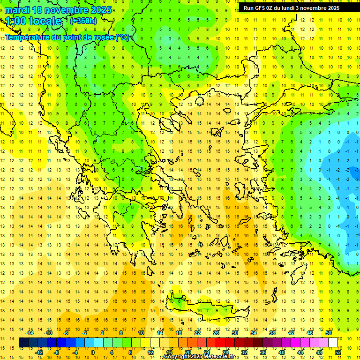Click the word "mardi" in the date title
pyautogui.click(x=16, y=10)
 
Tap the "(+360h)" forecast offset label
pyautogui.click(x=83, y=21)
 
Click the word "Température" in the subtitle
pyautogui.click(x=28, y=37)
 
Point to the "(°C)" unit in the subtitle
pyautogui.click(x=122, y=37)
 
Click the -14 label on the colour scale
pyautogui.click(x=30, y=333)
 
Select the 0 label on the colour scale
pyautogui.click(x=92, y=352)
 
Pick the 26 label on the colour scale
pyautogui.click(x=216, y=333)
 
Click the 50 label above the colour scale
pyautogui.click(x=328, y=333)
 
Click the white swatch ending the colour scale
pyautogui.click(x=333, y=343)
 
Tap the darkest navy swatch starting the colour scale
pyautogui.click(x=24, y=343)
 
